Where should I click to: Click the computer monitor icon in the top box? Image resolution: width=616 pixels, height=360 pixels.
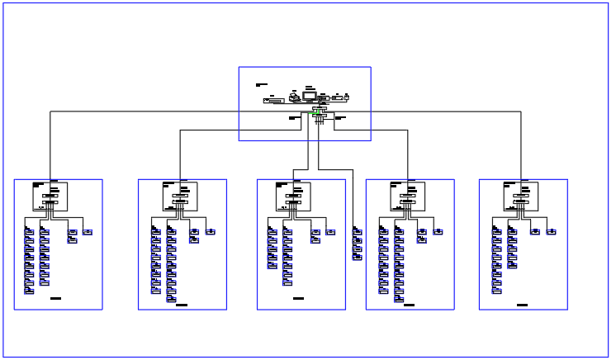310,96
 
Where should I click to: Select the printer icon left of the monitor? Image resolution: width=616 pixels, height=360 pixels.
294,97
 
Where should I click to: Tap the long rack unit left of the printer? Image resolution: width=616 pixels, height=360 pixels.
274,101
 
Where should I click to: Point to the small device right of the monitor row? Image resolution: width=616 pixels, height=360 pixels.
347,97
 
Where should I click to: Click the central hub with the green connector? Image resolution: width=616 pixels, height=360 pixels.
320,111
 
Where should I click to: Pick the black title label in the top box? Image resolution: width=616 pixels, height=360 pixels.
262,84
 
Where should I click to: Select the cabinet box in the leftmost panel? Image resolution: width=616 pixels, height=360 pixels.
50,196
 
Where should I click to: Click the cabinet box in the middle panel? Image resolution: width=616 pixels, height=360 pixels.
293,196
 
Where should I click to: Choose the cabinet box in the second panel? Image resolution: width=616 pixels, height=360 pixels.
179,196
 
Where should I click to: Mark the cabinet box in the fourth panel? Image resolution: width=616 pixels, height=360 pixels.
407,196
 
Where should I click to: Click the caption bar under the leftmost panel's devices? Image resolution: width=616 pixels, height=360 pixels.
56,297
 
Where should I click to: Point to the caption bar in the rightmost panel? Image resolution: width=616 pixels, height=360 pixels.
522,305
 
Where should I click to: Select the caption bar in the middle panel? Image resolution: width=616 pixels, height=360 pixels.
298,298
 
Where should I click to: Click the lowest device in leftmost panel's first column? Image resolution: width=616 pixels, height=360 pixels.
29,291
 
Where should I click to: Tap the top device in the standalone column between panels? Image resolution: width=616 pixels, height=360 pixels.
358,230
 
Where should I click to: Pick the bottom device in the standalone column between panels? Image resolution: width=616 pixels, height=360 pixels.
358,258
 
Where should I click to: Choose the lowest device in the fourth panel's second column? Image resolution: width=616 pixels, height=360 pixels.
399,298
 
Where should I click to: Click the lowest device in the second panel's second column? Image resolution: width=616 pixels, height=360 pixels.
171,298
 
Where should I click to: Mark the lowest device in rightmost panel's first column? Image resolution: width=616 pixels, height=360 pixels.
496,291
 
